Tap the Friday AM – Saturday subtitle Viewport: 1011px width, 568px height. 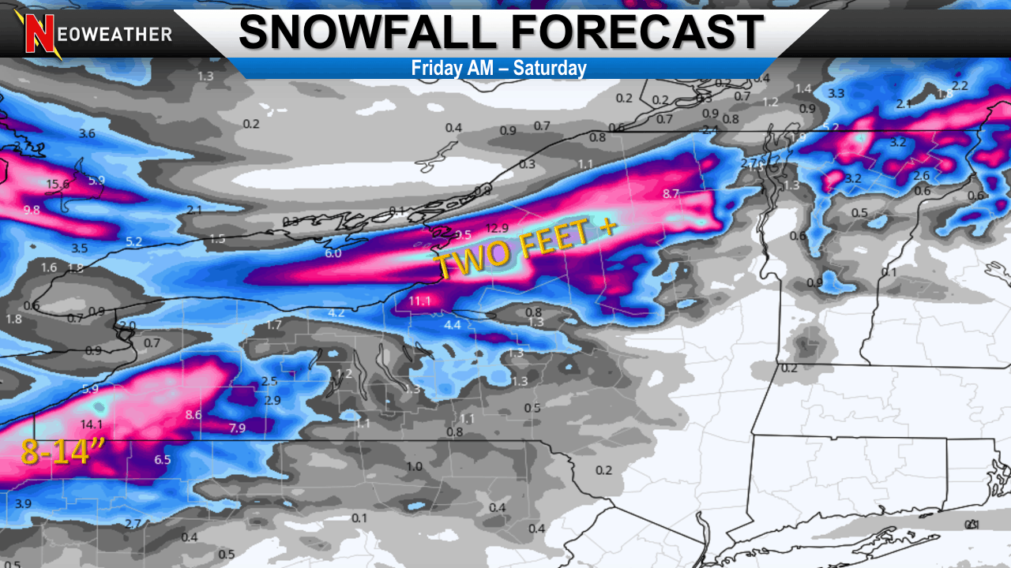[498, 68]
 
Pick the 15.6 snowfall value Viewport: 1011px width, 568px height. [58, 185]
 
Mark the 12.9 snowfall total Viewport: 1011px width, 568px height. [497, 228]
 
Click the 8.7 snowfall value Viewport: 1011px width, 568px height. [671, 193]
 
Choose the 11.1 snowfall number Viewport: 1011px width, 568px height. [419, 301]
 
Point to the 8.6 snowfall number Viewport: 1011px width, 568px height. [193, 415]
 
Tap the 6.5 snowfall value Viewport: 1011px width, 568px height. [163, 460]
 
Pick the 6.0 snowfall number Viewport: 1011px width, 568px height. [333, 253]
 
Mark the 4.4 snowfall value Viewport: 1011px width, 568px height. [453, 325]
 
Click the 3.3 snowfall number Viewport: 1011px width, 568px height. [836, 93]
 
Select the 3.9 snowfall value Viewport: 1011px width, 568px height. [23, 504]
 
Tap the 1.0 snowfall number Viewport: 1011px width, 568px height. [414, 466]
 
